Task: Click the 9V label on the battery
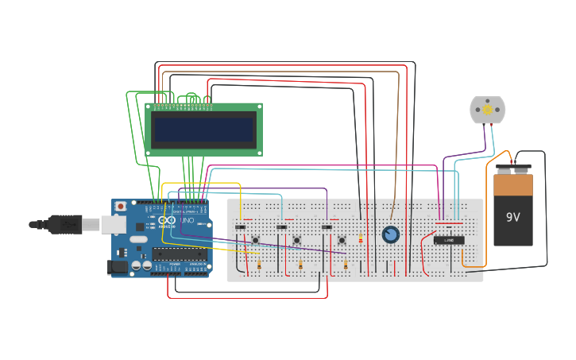coord(512,216)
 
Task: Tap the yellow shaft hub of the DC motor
coord(487,110)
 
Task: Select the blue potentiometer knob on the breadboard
coord(390,234)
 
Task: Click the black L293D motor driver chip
coord(449,240)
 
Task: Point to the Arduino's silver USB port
coord(112,225)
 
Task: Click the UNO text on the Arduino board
coord(187,220)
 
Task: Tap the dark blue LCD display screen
coord(203,130)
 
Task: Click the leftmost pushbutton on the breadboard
coord(256,240)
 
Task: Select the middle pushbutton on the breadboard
coord(297,240)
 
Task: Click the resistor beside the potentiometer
coord(361,238)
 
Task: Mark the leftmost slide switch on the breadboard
coord(240,227)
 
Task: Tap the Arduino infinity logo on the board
coord(166,220)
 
